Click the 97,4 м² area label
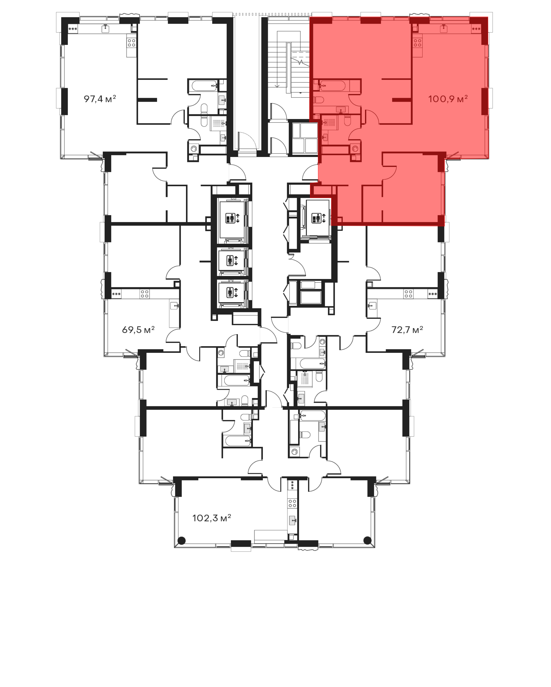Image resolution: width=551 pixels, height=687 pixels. [100, 99]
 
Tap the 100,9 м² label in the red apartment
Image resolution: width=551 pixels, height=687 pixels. [448, 99]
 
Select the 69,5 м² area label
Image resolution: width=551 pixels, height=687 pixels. [138, 329]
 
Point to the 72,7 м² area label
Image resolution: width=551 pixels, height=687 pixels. [407, 329]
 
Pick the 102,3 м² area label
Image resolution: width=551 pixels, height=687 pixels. [212, 518]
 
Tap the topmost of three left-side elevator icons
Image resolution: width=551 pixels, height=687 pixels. [232, 218]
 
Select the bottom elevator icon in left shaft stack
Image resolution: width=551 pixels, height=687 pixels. [232, 292]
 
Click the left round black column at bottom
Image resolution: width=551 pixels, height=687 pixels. [181, 540]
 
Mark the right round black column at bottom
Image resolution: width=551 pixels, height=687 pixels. [368, 540]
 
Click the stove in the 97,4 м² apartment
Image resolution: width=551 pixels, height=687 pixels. [131, 42]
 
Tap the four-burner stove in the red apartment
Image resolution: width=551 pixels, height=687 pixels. [417, 42]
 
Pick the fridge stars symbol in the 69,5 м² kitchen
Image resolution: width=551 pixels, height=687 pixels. [116, 294]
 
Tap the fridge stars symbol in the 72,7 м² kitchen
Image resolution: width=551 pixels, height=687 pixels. [433, 294]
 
